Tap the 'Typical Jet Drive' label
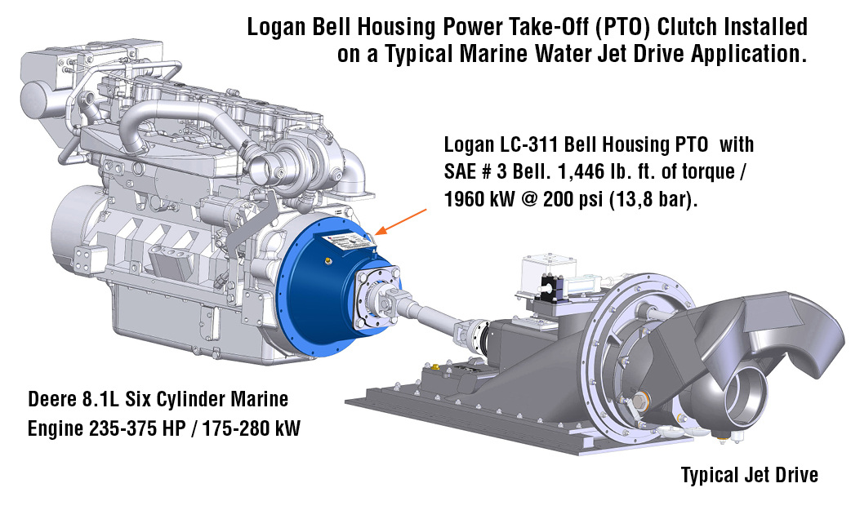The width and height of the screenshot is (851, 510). [x=749, y=474]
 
